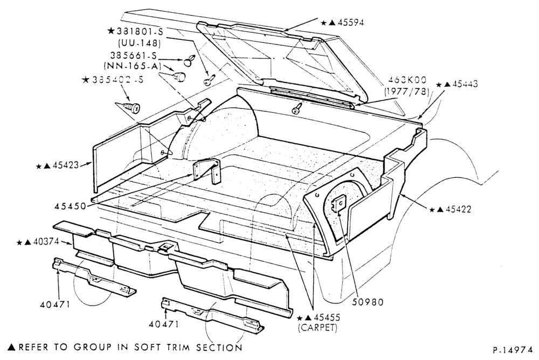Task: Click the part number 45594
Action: pyautogui.click(x=351, y=23)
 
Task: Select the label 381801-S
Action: pyautogui.click(x=140, y=31)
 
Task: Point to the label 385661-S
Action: pyautogui.click(x=133, y=55)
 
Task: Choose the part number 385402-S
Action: pyautogui.click(x=118, y=80)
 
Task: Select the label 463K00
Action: pyautogui.click(x=407, y=80)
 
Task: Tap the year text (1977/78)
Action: pyautogui.click(x=406, y=92)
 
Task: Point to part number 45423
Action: pyautogui.click(x=66, y=166)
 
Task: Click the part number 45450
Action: pyautogui.click(x=70, y=206)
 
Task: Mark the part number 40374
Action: pyautogui.click(x=46, y=243)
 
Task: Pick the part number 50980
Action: pyautogui.click(x=368, y=302)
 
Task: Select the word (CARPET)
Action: pyautogui.click(x=317, y=327)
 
